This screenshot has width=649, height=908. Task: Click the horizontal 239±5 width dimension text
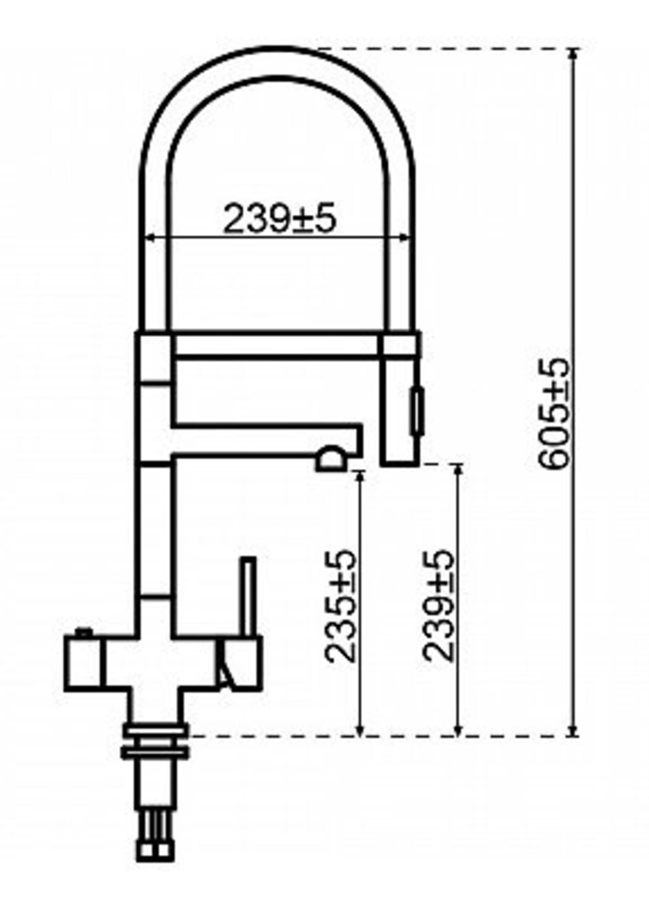279,219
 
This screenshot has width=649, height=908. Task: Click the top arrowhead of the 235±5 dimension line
360,475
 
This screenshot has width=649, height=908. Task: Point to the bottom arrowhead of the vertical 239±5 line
458,731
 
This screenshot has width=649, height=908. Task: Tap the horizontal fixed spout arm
264,439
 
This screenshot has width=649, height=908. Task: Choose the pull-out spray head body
400,411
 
